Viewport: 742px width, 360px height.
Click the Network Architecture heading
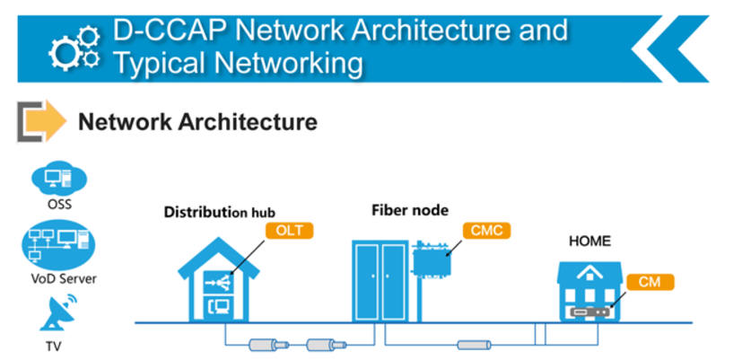point(197,121)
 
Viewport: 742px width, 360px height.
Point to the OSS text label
point(58,204)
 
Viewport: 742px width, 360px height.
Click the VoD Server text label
point(58,278)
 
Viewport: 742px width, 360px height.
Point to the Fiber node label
point(410,210)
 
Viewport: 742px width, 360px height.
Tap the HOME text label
point(589,241)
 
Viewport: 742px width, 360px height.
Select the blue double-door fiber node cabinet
point(380,279)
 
